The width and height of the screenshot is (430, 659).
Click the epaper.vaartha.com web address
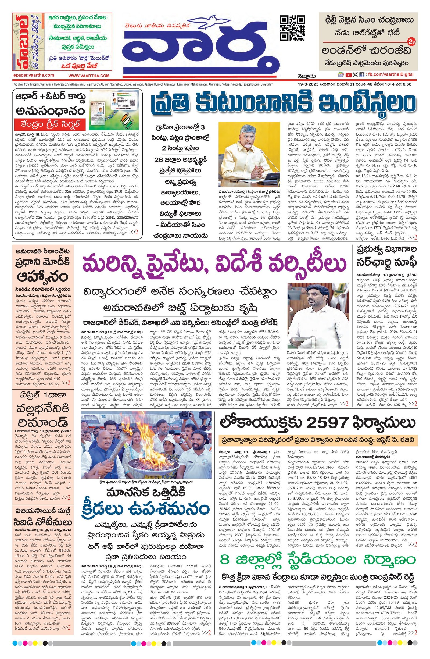tap(34, 75)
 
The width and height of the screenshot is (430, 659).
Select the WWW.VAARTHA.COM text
tap(89, 76)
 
